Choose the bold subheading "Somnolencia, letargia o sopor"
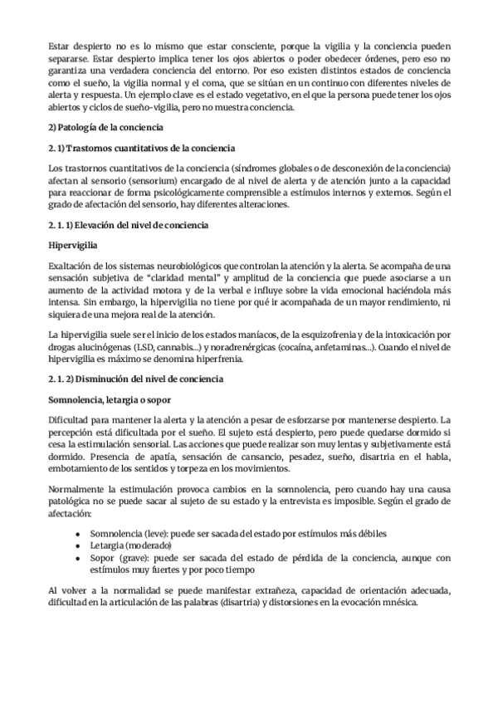tap(110, 399)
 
